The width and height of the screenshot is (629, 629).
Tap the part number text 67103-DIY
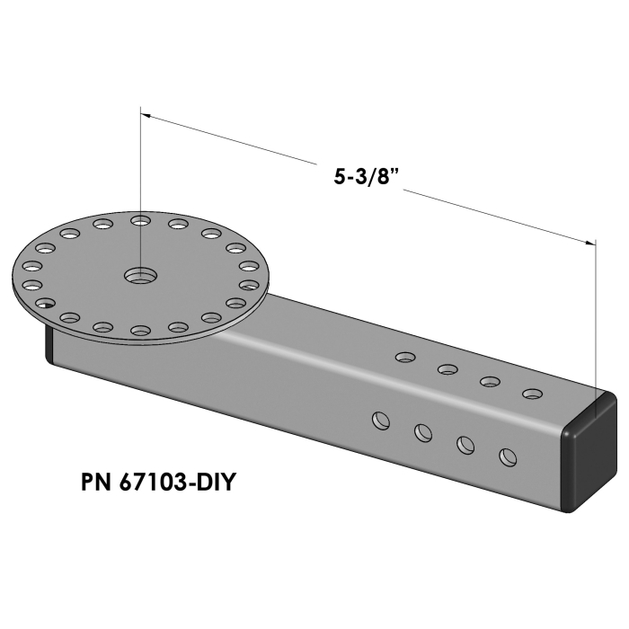pyautogui.click(x=175, y=483)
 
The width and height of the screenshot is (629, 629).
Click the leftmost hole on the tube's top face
pyautogui.click(x=405, y=358)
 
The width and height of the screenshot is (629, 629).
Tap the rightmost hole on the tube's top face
pyautogui.click(x=533, y=394)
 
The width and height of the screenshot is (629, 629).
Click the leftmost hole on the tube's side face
pyautogui.click(x=381, y=420)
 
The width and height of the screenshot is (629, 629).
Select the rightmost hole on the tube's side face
pyautogui.click(x=509, y=456)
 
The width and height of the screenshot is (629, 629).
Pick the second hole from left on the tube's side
pyautogui.click(x=423, y=432)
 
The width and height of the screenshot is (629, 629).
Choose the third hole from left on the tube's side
pyautogui.click(x=465, y=444)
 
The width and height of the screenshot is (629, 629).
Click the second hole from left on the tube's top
pyautogui.click(x=447, y=369)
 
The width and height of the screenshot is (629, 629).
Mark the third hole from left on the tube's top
pyautogui.click(x=490, y=381)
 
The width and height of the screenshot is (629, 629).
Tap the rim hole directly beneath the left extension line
pyautogui.click(x=139, y=219)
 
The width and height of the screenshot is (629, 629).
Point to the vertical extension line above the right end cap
pyautogui.click(x=596, y=314)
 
